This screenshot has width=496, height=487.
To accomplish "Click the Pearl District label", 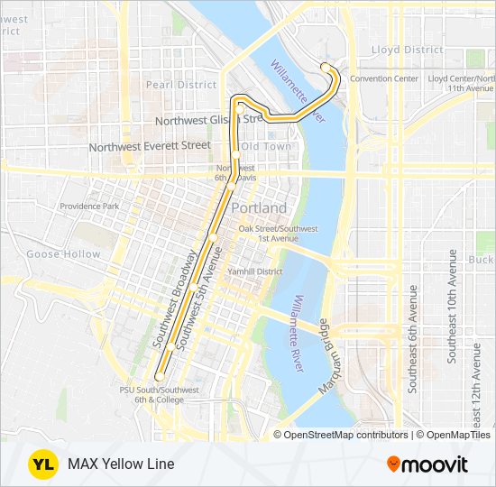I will tap(183, 85).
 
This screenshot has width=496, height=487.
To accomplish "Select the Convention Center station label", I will tap(384, 78).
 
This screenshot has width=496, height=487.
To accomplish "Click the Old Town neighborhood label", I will tap(266, 146).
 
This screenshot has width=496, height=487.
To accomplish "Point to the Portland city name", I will tap(259, 208).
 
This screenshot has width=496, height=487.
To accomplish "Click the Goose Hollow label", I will tap(63, 254).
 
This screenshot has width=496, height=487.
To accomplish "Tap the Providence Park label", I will tap(89, 207).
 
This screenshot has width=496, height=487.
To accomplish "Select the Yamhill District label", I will tap(256, 271).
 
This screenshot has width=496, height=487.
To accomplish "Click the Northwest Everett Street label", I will tap(150, 145).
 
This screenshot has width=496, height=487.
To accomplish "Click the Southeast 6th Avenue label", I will tap(413, 338).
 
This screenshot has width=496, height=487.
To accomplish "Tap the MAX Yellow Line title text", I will tap(121, 464).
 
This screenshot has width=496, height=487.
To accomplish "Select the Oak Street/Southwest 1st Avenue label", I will tap(278, 234).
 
